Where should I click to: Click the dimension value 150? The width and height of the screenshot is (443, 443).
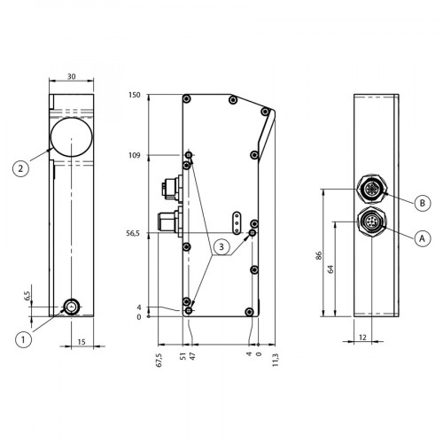tap(134, 96)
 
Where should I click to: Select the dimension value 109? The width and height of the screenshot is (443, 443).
tap(134, 155)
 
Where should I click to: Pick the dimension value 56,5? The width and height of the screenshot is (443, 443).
tap(132, 235)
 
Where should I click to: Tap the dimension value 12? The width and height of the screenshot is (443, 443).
tap(365, 336)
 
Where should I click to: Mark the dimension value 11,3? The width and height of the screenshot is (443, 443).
tap(276, 361)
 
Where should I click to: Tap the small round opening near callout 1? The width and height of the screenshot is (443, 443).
tap(70, 307)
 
